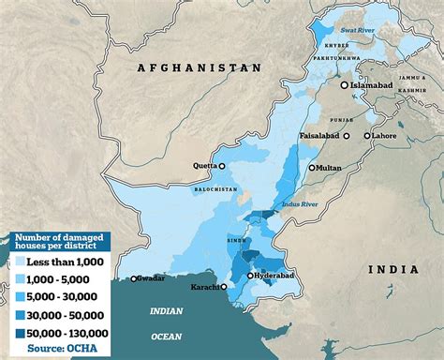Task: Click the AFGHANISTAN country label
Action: click(x=198, y=67)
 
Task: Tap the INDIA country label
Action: click(x=394, y=270)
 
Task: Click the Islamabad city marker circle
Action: click(x=345, y=85)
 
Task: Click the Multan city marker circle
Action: click(x=312, y=168)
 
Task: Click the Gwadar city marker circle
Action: click(x=135, y=278)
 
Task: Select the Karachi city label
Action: click(x=204, y=287)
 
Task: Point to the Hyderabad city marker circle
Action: click(x=250, y=277)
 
